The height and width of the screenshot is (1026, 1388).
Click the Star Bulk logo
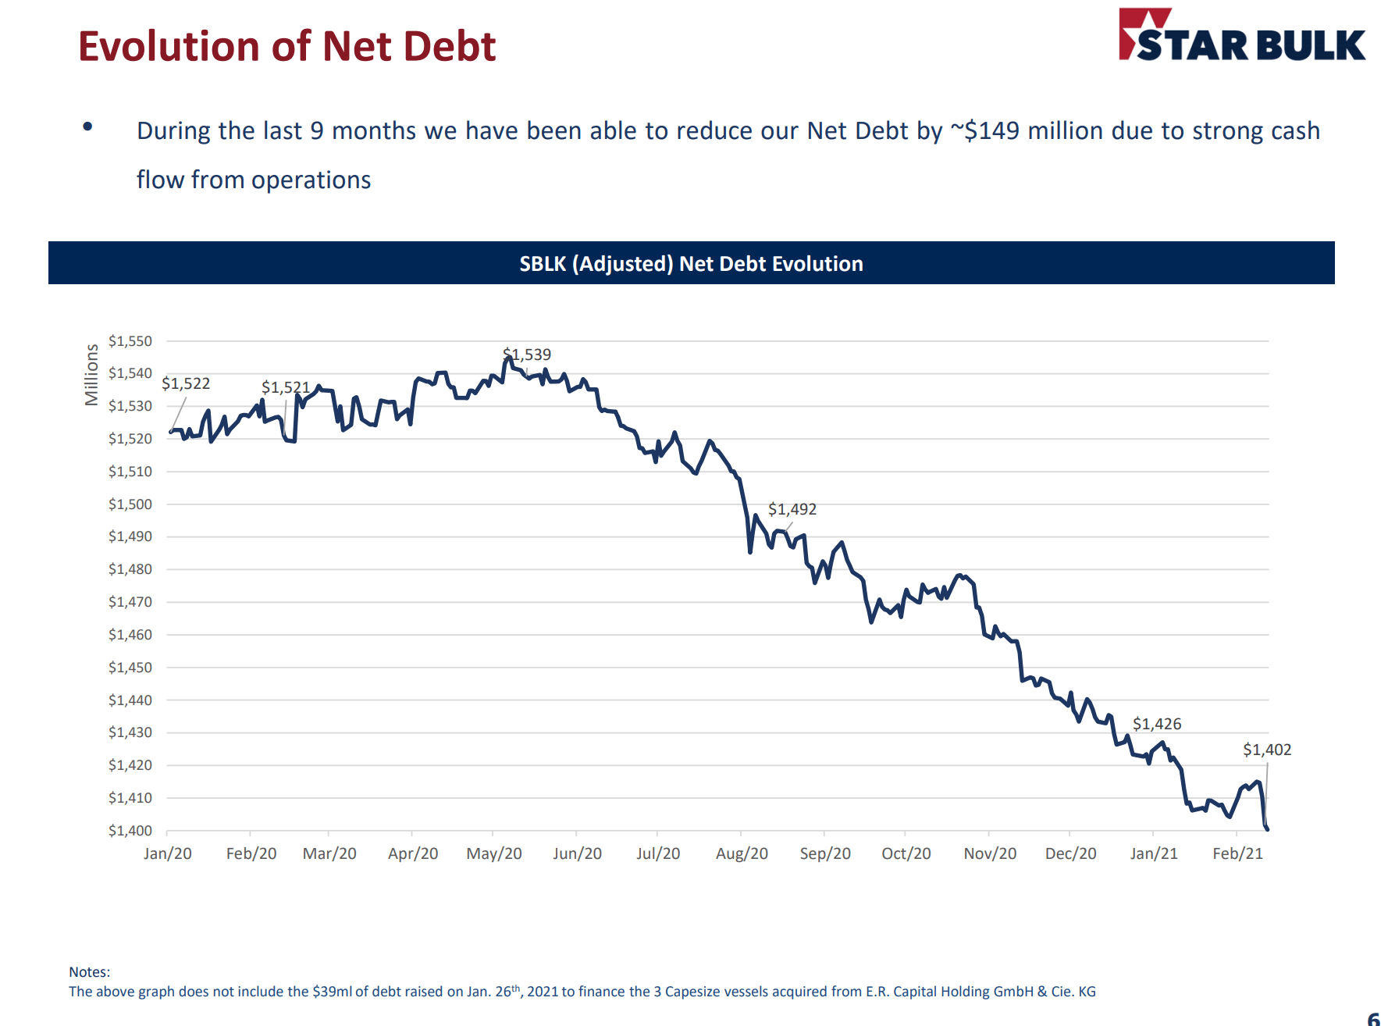click(x=1241, y=36)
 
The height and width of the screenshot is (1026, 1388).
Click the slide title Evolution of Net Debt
click(x=286, y=46)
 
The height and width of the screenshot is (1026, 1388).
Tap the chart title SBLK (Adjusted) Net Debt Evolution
click(x=691, y=264)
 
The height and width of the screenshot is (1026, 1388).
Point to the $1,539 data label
click(x=528, y=354)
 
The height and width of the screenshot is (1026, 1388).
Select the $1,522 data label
click(x=186, y=383)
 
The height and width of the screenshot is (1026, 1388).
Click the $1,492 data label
click(x=792, y=509)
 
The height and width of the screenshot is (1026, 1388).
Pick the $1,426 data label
click(x=1157, y=724)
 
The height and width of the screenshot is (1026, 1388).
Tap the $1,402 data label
click(x=1267, y=750)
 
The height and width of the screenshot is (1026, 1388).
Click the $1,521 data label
click(x=286, y=387)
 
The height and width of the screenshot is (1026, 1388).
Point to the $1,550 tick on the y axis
click(x=130, y=341)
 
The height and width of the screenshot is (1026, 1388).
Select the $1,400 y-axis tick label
click(x=130, y=831)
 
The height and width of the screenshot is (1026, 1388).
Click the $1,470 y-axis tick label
click(x=130, y=602)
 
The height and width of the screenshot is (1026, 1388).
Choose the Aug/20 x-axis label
click(x=742, y=853)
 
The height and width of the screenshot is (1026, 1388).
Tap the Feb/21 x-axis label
click(x=1237, y=853)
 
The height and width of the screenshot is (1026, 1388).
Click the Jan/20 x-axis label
click(x=168, y=853)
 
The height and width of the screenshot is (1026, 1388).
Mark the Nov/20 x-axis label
click(x=990, y=853)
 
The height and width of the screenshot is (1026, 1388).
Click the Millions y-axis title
click(x=92, y=375)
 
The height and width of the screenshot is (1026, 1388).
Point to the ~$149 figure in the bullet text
click(x=984, y=130)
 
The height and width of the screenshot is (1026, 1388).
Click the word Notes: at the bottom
click(x=90, y=972)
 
